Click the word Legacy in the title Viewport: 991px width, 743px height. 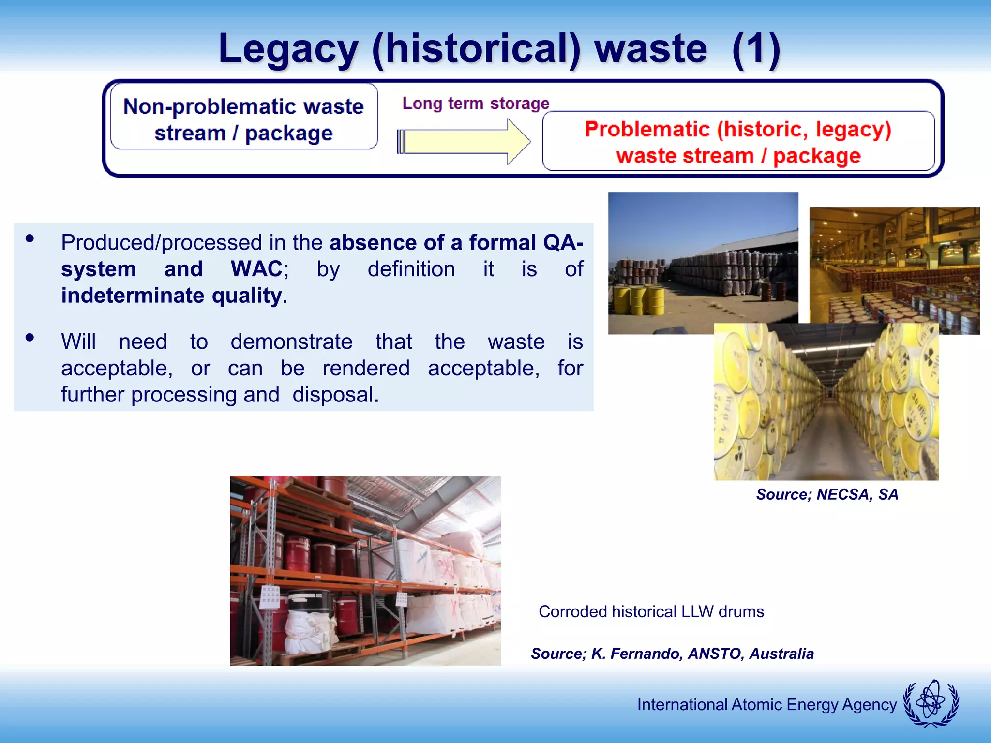pos(288,49)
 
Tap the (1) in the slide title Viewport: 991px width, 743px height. pos(756,49)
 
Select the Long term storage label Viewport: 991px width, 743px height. pos(476,104)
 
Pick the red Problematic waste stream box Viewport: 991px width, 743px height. pos(738,141)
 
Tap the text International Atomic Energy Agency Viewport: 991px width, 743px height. pos(766,704)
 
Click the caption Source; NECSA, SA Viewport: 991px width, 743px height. pos(827,494)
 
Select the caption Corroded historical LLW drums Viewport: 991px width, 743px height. pos(651,611)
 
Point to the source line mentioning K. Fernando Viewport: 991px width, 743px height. pos(672,654)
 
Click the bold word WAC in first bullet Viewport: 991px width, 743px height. pos(256,269)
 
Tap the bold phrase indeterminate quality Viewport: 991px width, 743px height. pos(172,296)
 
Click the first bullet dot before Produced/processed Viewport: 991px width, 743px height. pos(30,238)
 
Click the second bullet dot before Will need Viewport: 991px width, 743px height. pos(30,338)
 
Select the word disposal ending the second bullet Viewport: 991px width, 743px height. pos(335,395)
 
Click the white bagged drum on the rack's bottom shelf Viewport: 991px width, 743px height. pos(310,629)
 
